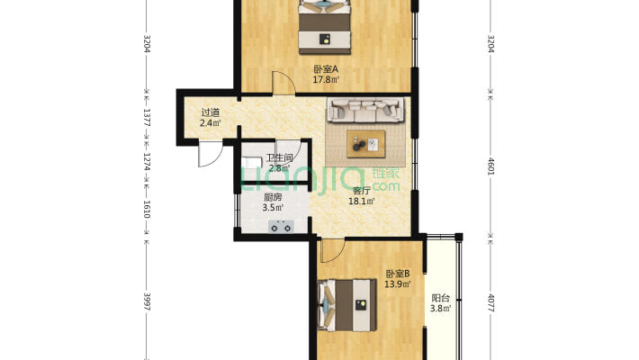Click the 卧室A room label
326,69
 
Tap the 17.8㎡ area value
326,80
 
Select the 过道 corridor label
211,112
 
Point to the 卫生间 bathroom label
279,157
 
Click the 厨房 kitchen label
273,197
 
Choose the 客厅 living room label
362,191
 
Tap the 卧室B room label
398,274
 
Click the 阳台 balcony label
440,298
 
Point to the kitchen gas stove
281,226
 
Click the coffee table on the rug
366,143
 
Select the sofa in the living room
366,110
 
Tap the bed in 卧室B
346,305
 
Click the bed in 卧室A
325,27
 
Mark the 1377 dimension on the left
147,117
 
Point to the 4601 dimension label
491,166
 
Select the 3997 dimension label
147,302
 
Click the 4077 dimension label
491,303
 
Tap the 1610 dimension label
147,209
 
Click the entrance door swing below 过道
209,153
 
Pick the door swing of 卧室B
331,250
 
